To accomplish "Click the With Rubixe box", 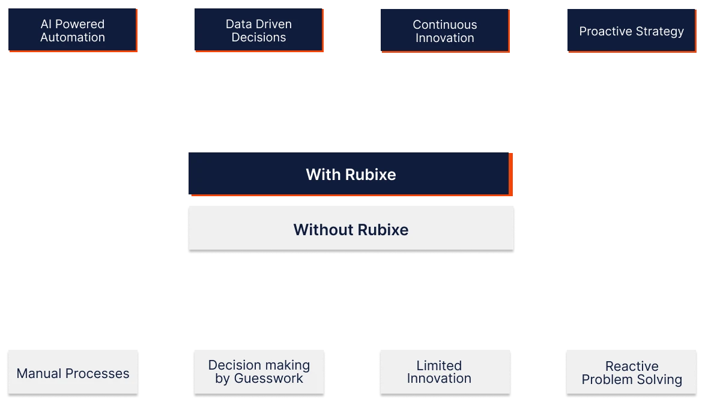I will click(350, 173).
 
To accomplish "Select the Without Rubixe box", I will click(350, 229).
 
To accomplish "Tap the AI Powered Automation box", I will click(72, 31).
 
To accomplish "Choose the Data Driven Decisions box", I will click(259, 31).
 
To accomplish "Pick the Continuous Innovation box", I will click(444, 31).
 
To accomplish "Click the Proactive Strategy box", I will click(631, 31).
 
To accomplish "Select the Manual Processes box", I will click(73, 373).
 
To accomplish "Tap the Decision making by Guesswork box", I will click(259, 372).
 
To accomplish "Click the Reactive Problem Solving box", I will click(631, 373).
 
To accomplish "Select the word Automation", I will click(73, 38).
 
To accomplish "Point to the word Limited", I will click(439, 365).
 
